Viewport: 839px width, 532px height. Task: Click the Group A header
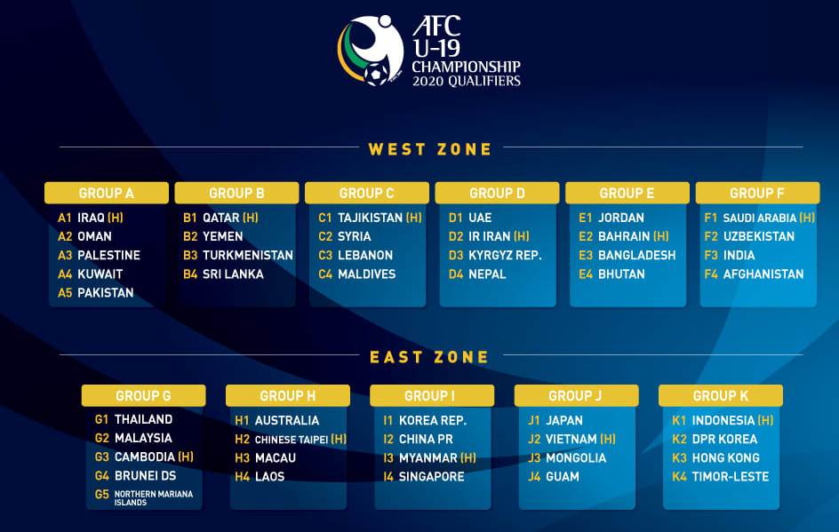[107, 193]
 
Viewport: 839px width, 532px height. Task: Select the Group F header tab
[757, 193]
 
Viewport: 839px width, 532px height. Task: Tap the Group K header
[720, 395]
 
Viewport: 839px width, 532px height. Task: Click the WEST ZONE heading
[429, 149]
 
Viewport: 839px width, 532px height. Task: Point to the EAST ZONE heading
[429, 357]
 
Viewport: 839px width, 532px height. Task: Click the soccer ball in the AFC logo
[376, 74]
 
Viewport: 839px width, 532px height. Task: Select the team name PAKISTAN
[106, 293]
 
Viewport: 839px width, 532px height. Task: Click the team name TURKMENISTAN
[248, 255]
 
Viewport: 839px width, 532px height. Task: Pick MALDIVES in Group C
[366, 274]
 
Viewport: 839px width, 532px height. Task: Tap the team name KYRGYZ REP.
[505, 255]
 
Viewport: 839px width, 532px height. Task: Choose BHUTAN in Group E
[621, 274]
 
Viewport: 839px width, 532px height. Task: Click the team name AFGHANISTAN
[763, 274]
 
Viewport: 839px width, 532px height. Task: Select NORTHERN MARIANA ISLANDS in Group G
[154, 498]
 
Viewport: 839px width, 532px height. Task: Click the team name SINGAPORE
[432, 476]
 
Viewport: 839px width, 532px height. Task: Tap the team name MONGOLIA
[576, 458]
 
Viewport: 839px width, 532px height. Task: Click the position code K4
[679, 476]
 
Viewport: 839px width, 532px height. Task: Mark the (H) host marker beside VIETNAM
[608, 439]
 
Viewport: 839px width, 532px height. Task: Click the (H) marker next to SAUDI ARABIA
[807, 218]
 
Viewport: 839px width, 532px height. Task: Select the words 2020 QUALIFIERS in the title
[466, 82]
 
